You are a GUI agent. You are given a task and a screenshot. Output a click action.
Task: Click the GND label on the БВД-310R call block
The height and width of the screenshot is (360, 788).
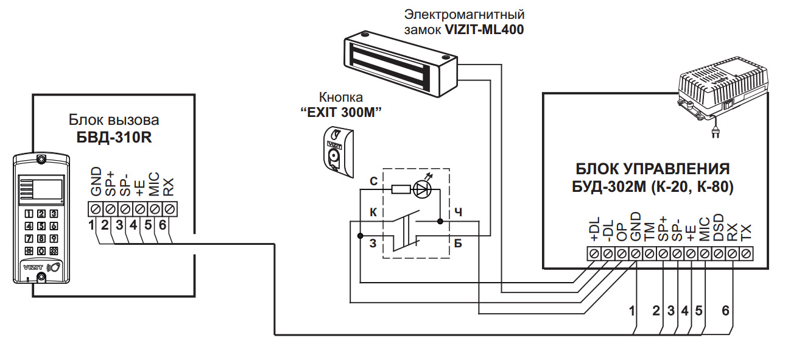[x=96, y=182]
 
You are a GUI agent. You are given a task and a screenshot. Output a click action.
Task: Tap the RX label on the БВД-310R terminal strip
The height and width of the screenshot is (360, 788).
[x=169, y=187]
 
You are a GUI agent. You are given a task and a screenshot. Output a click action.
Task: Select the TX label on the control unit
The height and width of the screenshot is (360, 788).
[x=746, y=233]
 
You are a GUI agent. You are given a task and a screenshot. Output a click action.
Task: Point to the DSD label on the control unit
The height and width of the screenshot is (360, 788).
[x=719, y=227]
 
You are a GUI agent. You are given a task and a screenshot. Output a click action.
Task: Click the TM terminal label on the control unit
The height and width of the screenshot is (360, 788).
[x=649, y=232]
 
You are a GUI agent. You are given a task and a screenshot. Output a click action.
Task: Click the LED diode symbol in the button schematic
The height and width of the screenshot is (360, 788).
[x=422, y=188]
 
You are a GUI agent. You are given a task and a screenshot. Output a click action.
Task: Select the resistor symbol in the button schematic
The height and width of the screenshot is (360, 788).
[x=401, y=189]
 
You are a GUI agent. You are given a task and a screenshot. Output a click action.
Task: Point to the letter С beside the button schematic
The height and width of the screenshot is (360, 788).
[x=373, y=182]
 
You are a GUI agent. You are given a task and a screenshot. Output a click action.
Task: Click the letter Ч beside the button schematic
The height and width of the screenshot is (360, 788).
[x=458, y=212]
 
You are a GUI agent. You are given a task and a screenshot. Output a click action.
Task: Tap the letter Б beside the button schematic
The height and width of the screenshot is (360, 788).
[x=458, y=243]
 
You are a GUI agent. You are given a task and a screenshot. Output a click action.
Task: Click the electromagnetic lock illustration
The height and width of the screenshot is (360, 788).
[x=400, y=63]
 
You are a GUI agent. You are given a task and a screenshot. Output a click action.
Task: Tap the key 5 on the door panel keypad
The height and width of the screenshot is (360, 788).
[x=41, y=226]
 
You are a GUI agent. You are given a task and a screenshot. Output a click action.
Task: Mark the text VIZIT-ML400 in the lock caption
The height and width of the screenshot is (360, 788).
[x=485, y=30]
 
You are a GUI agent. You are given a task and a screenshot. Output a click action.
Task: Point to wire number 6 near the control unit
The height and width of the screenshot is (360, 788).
[x=725, y=311]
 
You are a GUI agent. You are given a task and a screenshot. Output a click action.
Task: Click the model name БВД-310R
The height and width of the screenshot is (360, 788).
[x=114, y=137]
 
